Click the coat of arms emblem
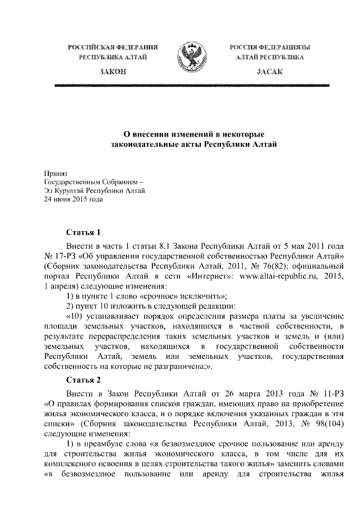click(192, 55)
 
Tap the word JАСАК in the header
click(270, 73)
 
